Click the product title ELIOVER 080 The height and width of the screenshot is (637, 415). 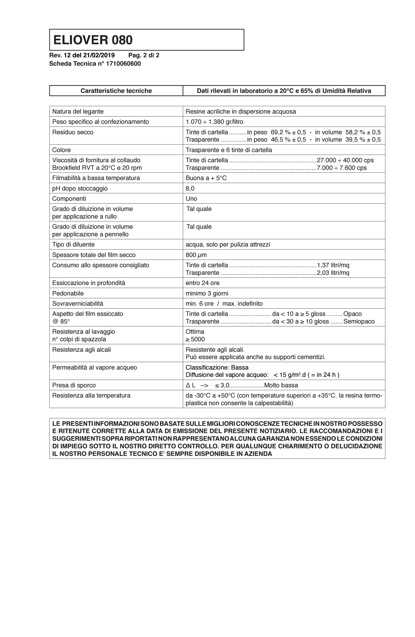pyautogui.click(x=93, y=40)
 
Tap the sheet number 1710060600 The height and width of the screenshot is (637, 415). pyautogui.click(x=123, y=64)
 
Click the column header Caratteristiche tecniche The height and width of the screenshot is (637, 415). pyautogui.click(x=116, y=91)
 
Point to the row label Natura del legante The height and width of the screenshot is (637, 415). pyautogui.click(x=78, y=111)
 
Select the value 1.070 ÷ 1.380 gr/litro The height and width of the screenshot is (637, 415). pyautogui.click(x=214, y=122)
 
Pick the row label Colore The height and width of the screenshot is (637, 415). pyautogui.click(x=61, y=150)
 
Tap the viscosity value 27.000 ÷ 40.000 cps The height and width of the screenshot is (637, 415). pyautogui.click(x=345, y=160)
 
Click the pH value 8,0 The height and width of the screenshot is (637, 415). pyautogui.click(x=190, y=188)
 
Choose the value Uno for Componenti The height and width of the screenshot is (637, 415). pyautogui.click(x=191, y=199)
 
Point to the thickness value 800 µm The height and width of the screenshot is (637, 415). pyautogui.click(x=196, y=255)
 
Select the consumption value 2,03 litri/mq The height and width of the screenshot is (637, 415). pyautogui.click(x=333, y=273)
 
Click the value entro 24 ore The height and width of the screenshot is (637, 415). pyautogui.click(x=202, y=283)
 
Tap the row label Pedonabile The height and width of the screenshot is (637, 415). pyautogui.click(x=68, y=293)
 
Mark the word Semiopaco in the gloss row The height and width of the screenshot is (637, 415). pyautogui.click(x=358, y=321)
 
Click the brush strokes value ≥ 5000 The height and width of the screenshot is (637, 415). pyautogui.click(x=195, y=339)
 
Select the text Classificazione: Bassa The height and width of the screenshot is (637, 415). pyautogui.click(x=217, y=367)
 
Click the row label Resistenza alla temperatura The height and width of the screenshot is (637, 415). pyautogui.click(x=91, y=396)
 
